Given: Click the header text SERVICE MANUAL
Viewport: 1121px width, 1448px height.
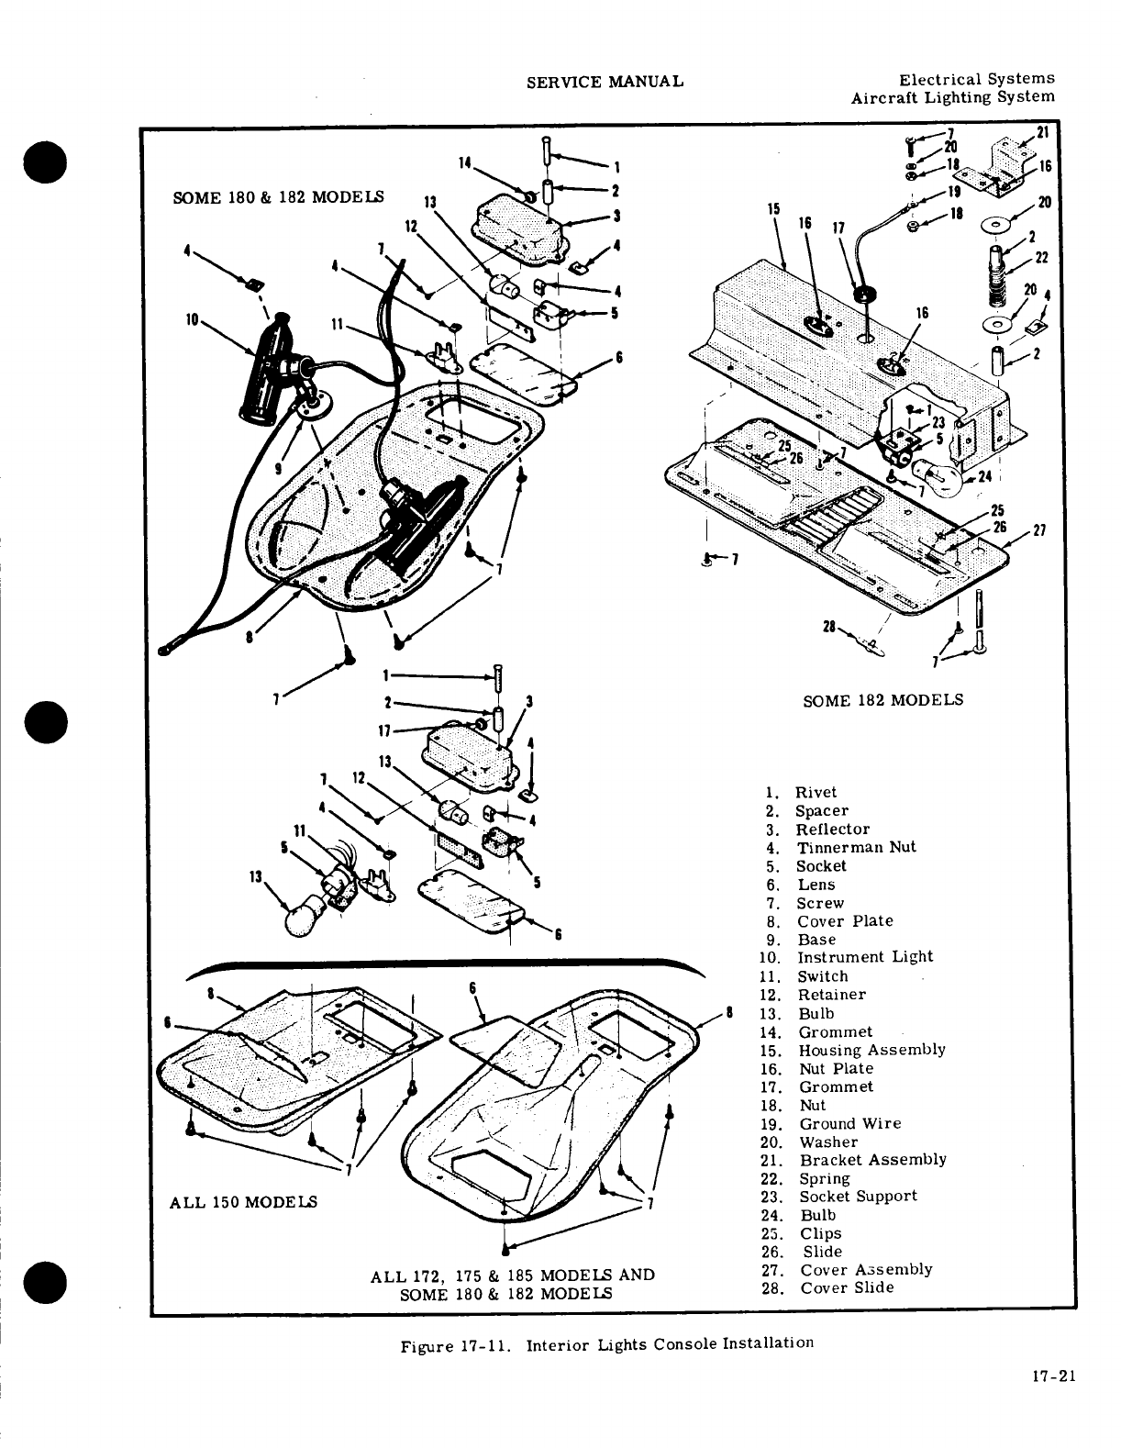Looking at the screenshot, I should pyautogui.click(x=605, y=82).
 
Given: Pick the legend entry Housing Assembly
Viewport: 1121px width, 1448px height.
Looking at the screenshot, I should pyautogui.click(x=871, y=1050).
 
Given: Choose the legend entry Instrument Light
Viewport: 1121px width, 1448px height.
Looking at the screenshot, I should pyautogui.click(x=864, y=957).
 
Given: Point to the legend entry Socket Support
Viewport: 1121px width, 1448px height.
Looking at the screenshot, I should pyautogui.click(x=858, y=1197).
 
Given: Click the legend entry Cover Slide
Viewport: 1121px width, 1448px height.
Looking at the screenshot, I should pyautogui.click(x=847, y=1287).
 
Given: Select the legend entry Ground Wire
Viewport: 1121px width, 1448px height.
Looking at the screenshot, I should pyautogui.click(x=849, y=1123).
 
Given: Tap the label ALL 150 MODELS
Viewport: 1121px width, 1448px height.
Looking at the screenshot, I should pyautogui.click(x=243, y=1202).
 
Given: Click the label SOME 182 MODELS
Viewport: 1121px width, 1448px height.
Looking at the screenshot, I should pyautogui.click(x=882, y=699).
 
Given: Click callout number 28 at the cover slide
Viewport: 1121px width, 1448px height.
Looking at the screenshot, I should pyautogui.click(x=828, y=627).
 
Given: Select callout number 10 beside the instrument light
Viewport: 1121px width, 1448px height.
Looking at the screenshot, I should pyautogui.click(x=192, y=320).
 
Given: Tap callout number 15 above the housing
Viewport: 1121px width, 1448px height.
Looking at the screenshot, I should pyautogui.click(x=775, y=209).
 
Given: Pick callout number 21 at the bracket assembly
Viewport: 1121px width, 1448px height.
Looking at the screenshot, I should pyautogui.click(x=1041, y=132).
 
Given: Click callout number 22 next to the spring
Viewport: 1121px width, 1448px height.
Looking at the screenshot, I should pyautogui.click(x=1040, y=259).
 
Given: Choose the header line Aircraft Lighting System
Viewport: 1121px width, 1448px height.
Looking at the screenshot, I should pyautogui.click(x=952, y=97).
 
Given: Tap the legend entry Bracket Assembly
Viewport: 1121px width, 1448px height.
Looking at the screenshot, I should pyautogui.click(x=872, y=1160).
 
